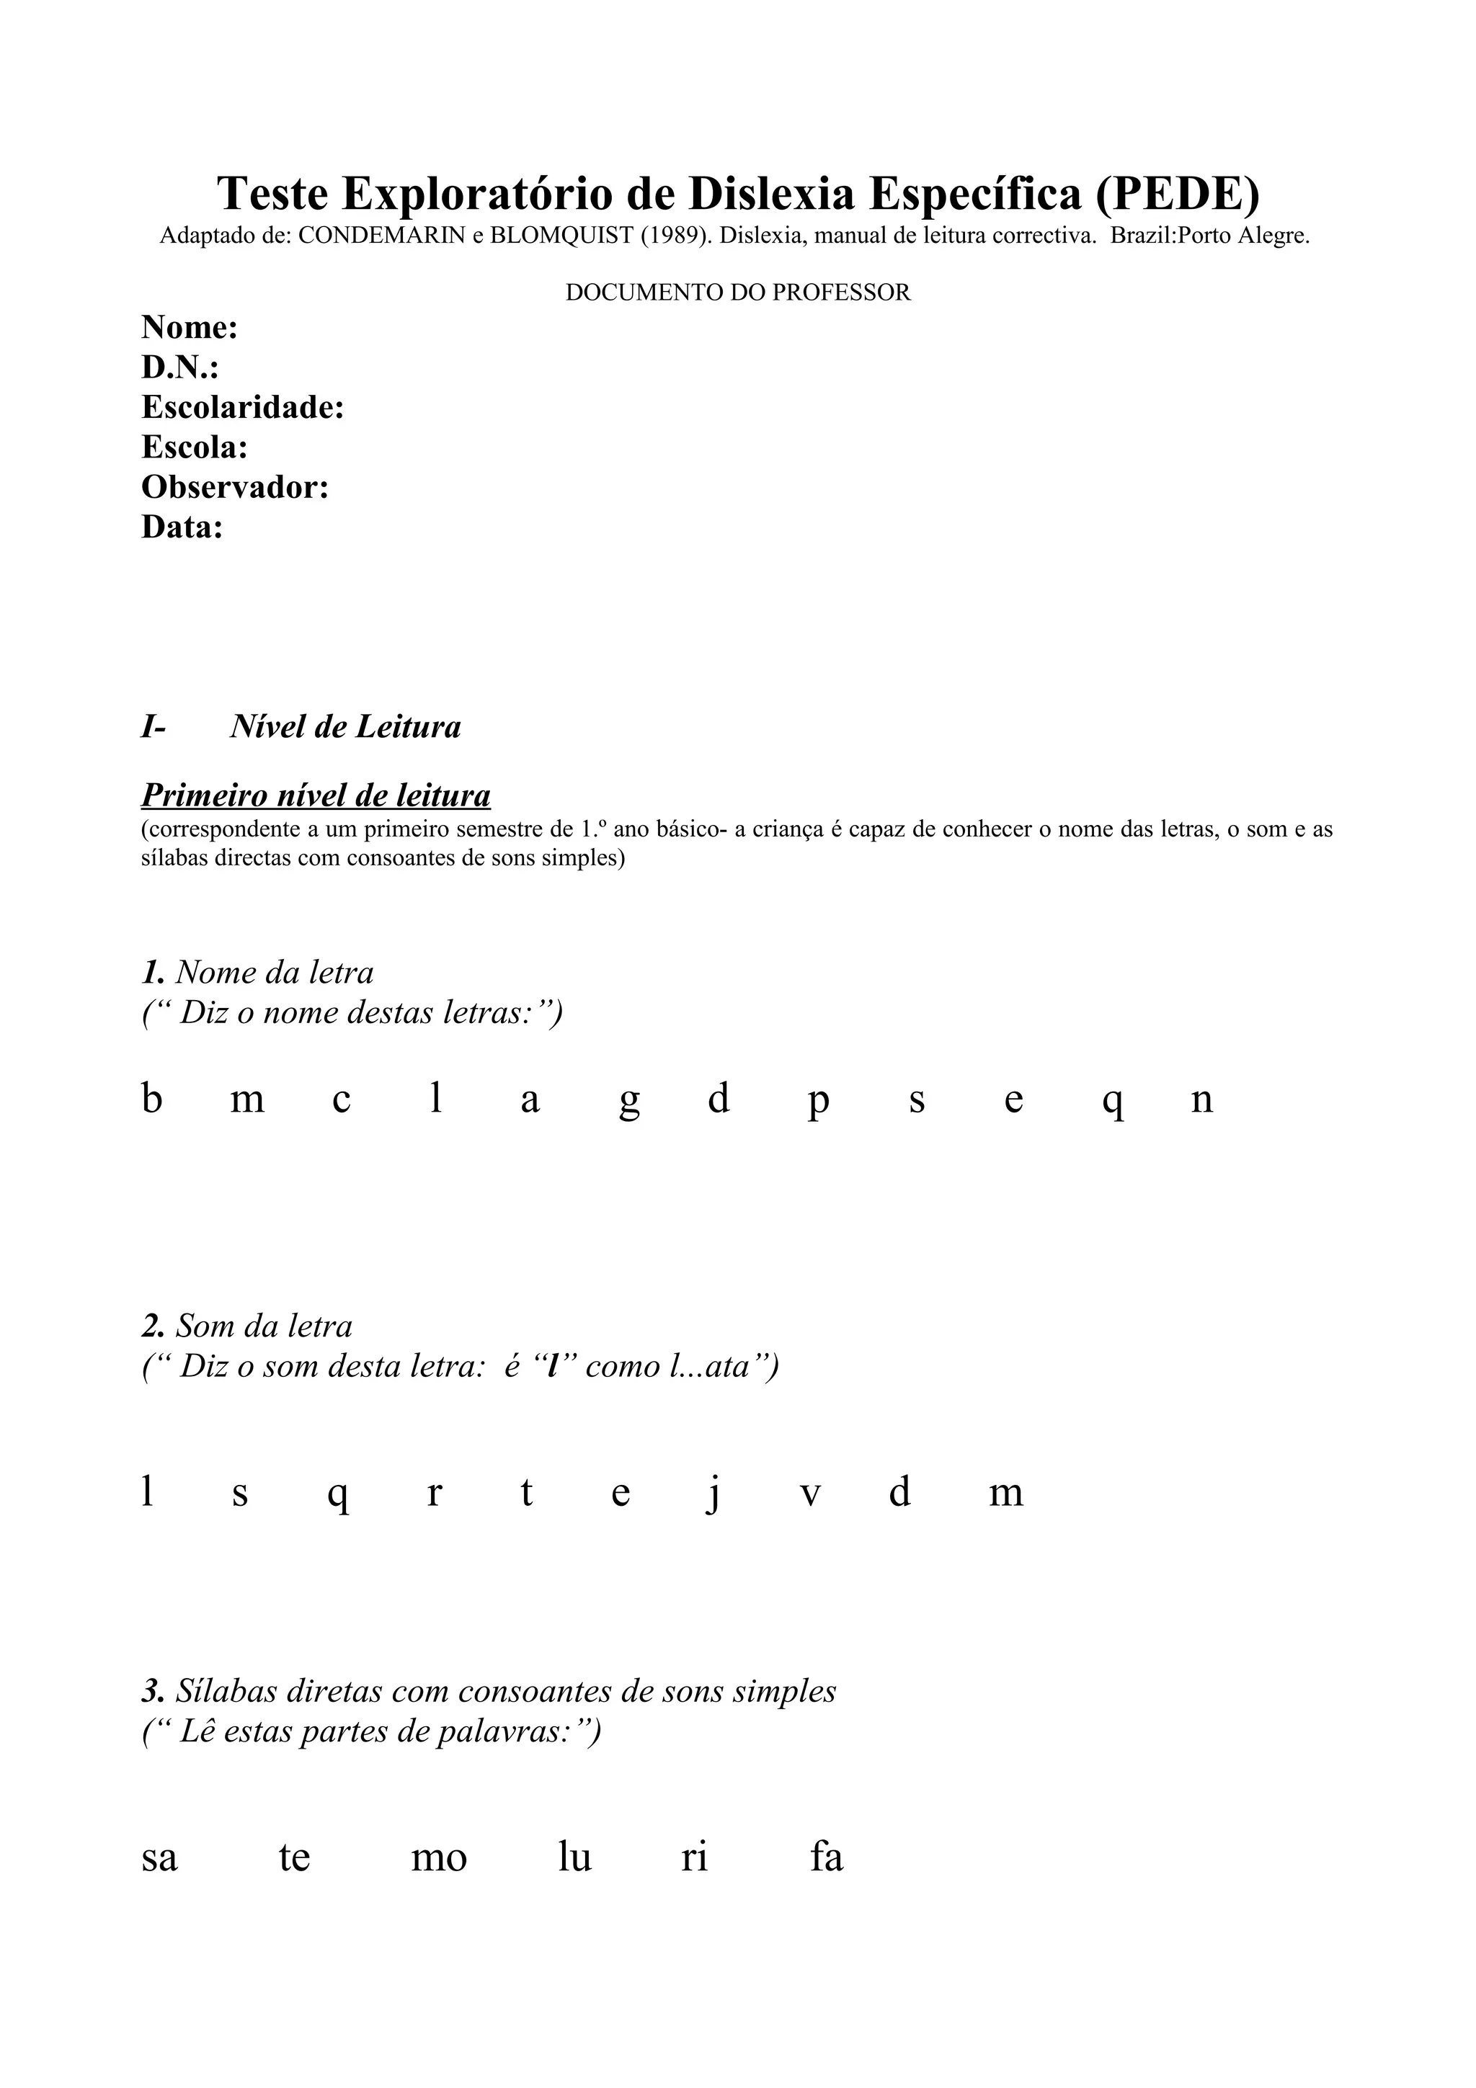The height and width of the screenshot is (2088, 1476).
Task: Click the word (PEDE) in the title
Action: point(1177,193)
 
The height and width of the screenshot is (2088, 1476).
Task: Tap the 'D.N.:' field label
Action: point(180,367)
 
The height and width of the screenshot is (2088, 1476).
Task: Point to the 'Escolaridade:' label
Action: point(243,407)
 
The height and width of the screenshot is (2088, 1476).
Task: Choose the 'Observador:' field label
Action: point(235,488)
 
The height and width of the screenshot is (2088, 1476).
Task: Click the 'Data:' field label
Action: point(182,527)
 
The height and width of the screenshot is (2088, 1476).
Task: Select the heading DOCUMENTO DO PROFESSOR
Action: point(737,293)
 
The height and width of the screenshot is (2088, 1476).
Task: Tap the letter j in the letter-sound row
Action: point(714,1494)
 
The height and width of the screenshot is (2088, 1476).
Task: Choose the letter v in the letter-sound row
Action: point(810,1494)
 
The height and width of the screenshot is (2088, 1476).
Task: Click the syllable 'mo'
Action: point(438,1858)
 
